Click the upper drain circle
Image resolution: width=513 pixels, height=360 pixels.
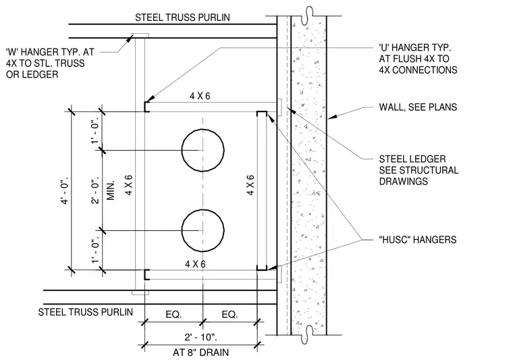pos(182,150)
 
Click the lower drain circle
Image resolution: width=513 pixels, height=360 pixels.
pos(182,230)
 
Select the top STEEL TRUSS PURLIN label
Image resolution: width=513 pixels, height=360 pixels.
pos(182,18)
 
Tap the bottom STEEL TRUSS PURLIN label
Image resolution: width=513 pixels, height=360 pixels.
pos(86,312)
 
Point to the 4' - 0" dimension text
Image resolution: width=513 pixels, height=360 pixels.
pos(65,190)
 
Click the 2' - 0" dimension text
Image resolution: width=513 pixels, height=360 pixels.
pos(95,191)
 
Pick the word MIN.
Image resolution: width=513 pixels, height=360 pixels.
pos(111,190)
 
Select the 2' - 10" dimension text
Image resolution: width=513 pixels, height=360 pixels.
pos(201,337)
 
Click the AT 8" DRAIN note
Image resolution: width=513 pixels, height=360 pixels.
pos(201,353)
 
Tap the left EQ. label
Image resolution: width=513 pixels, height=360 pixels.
pos(173,315)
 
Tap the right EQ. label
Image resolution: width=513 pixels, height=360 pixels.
pos(230,315)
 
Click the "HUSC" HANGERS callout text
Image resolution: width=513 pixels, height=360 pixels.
pos(417,240)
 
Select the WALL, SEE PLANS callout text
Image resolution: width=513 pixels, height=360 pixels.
pos(418,107)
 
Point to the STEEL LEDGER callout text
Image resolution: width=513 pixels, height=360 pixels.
pos(418,170)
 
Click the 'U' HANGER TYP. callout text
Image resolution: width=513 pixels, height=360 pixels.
pos(418,59)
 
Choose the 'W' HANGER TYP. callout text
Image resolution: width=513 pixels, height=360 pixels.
pos(50,63)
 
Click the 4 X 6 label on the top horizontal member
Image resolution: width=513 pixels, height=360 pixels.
pos(200,96)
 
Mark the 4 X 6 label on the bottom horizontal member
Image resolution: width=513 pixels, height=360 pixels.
pos(195,264)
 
